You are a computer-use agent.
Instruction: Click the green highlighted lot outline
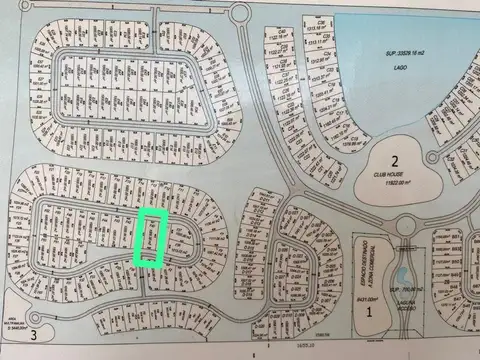(x=151, y=238)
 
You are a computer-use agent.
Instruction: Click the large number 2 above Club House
(x=395, y=161)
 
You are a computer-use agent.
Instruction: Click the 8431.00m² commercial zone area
(x=364, y=297)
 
